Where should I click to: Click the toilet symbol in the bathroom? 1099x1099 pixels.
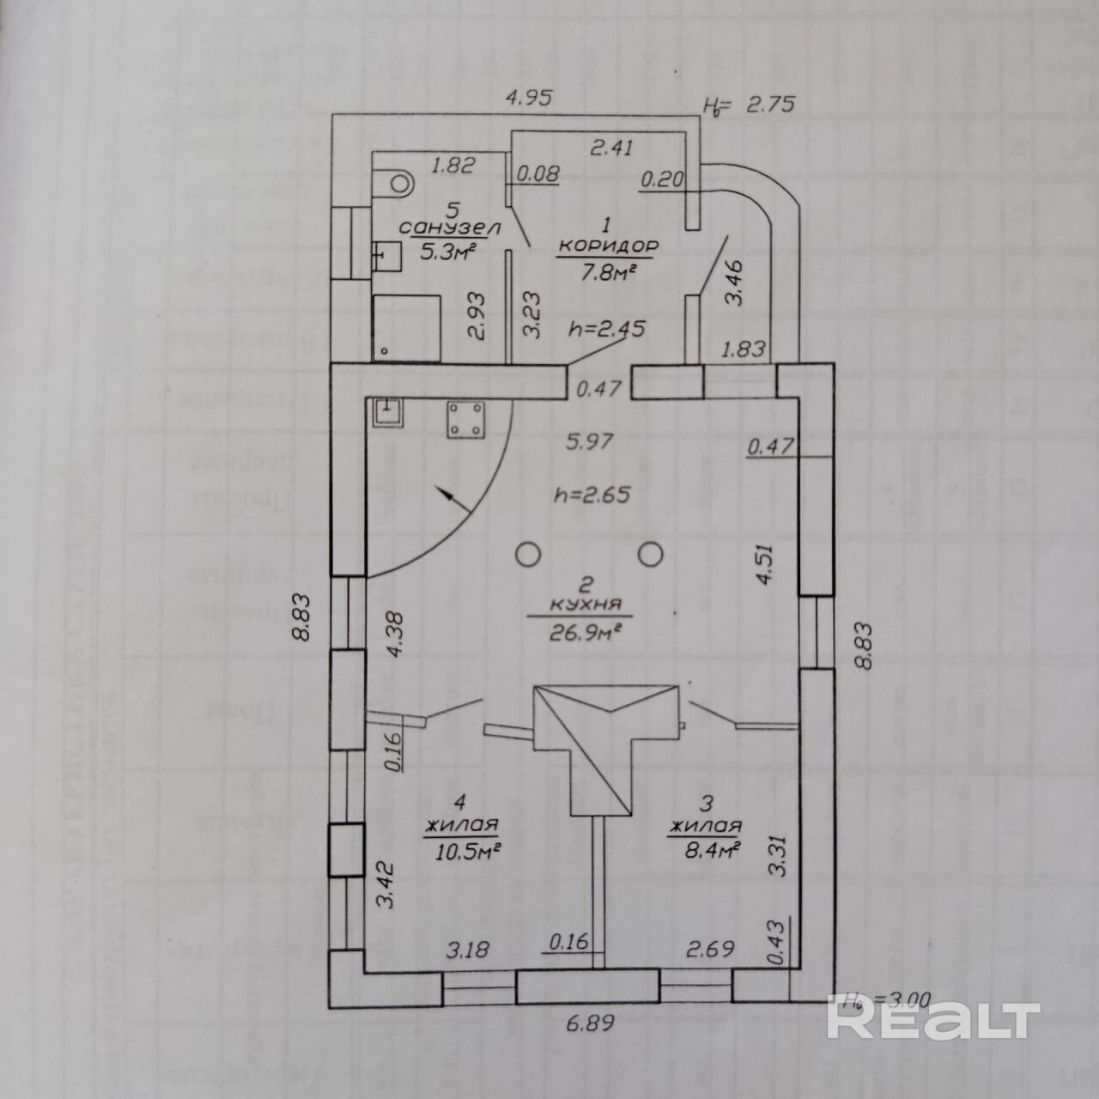[398, 181]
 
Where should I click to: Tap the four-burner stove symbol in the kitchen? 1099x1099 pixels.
[464, 420]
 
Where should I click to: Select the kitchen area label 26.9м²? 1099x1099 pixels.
[583, 633]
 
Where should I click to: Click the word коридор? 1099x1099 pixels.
[608, 245]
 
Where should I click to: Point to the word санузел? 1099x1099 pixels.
[438, 228]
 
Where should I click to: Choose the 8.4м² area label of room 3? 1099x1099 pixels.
[705, 850]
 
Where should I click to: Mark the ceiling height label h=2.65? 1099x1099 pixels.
[592, 495]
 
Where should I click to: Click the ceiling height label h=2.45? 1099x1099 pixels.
[606, 329]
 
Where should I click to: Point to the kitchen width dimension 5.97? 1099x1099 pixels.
[588, 442]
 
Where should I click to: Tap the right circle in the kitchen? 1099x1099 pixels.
[653, 555]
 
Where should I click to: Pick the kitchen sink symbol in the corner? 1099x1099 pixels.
[389, 413]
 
